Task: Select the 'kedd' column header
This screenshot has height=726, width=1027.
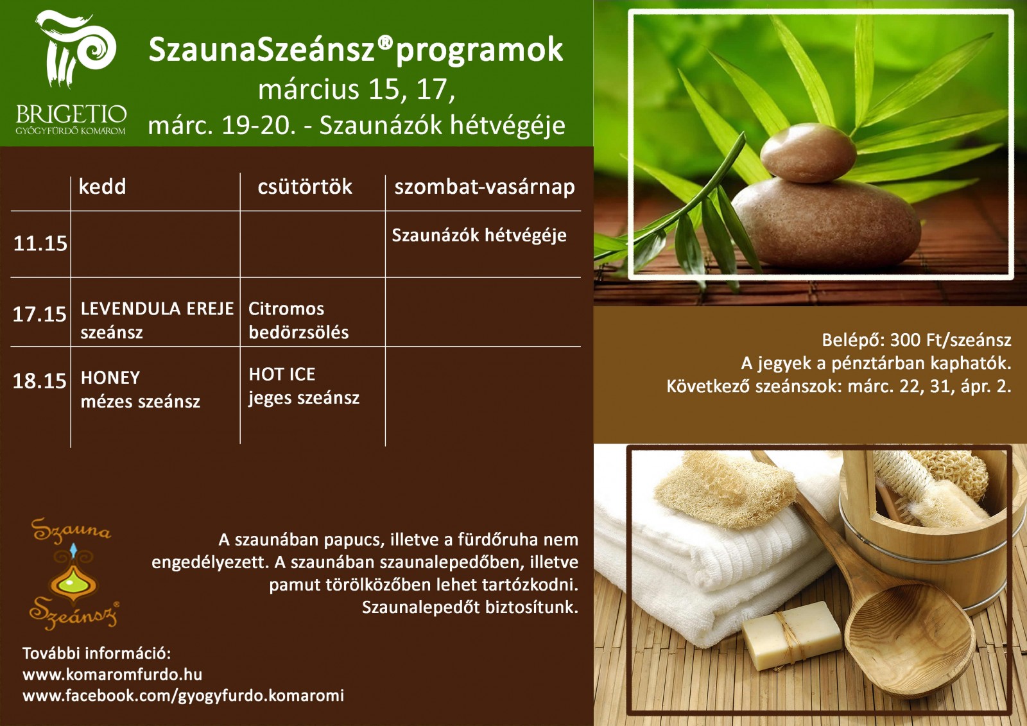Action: click(102, 187)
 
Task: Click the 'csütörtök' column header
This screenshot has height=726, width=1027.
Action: click(305, 187)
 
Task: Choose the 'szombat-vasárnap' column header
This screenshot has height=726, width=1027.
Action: click(484, 187)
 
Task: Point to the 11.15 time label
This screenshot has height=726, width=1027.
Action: click(40, 243)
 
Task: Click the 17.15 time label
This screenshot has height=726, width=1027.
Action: click(39, 314)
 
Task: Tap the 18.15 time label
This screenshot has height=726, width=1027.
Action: click(39, 381)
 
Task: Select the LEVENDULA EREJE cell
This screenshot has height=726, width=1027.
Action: click(157, 320)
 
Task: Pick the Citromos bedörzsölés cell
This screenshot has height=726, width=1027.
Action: click(298, 320)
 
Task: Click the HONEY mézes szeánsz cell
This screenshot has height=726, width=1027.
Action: click(141, 390)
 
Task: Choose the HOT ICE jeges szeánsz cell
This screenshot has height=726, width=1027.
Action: click(304, 386)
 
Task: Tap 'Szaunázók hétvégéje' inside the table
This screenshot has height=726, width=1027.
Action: click(479, 236)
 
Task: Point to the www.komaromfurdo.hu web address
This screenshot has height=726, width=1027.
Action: click(112, 674)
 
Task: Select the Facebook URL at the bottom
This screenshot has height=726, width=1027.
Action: click(184, 696)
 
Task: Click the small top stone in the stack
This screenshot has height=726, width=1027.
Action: click(808, 153)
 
